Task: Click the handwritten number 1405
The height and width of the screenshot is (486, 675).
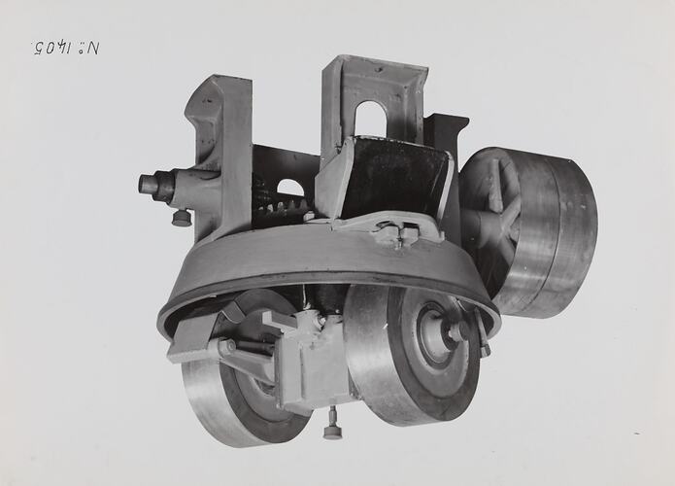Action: (x=66, y=48)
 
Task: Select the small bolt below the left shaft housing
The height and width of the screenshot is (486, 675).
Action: (x=182, y=218)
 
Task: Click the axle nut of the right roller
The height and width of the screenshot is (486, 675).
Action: (x=456, y=332)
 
